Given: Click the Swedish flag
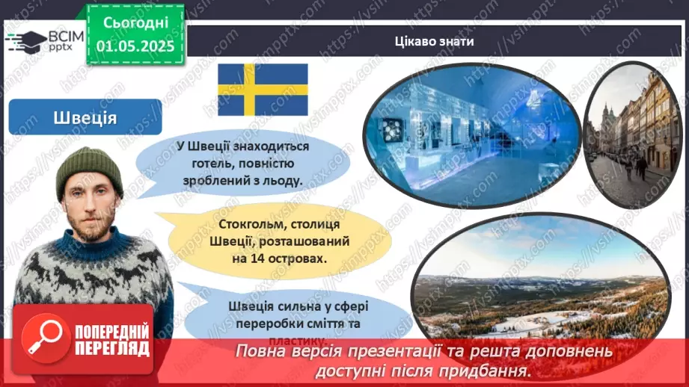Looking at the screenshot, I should point(263,89).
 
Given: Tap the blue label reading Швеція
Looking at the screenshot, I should point(85,117).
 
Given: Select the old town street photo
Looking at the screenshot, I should point(627,134).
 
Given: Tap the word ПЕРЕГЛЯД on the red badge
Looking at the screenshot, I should point(113,348).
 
